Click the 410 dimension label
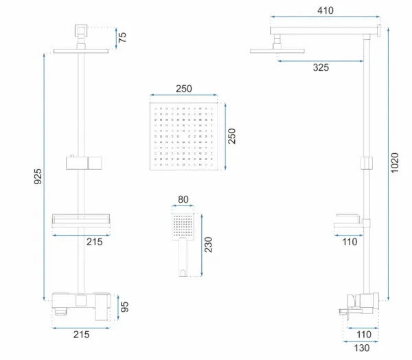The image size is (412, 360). coord(325,10)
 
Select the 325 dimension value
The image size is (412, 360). coord(321,67)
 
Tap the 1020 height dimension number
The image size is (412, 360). coord(395,163)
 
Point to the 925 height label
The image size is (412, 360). coord(38,177)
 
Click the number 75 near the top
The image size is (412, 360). coord(122,37)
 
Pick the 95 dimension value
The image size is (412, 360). coord(124,307)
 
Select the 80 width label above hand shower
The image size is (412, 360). coord(183,199)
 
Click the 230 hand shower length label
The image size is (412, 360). coord(208,245)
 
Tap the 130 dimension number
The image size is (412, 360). coord(362,348)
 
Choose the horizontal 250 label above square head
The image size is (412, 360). coord(184,89)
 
